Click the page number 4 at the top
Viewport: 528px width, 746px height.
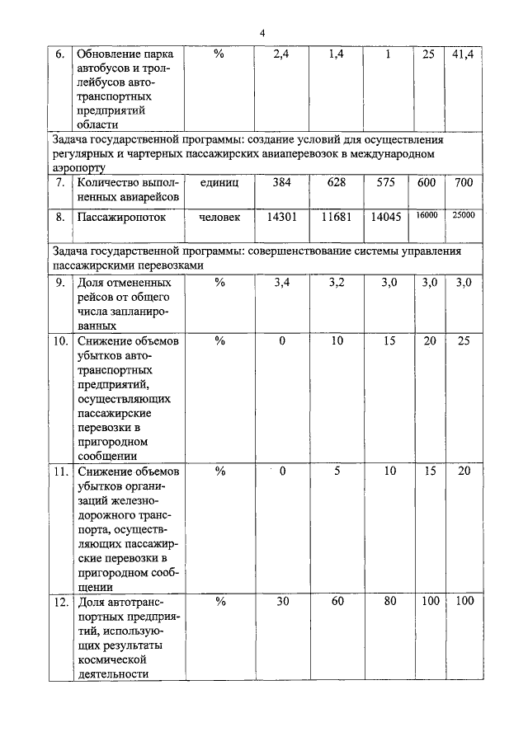262,33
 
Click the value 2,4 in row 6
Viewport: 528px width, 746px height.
281,54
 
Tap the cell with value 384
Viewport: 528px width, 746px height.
281,181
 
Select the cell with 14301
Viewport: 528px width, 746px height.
281,218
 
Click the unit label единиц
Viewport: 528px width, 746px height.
219,181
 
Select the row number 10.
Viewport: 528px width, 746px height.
59,340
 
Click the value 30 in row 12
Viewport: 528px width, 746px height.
281,601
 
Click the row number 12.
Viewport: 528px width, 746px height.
59,602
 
